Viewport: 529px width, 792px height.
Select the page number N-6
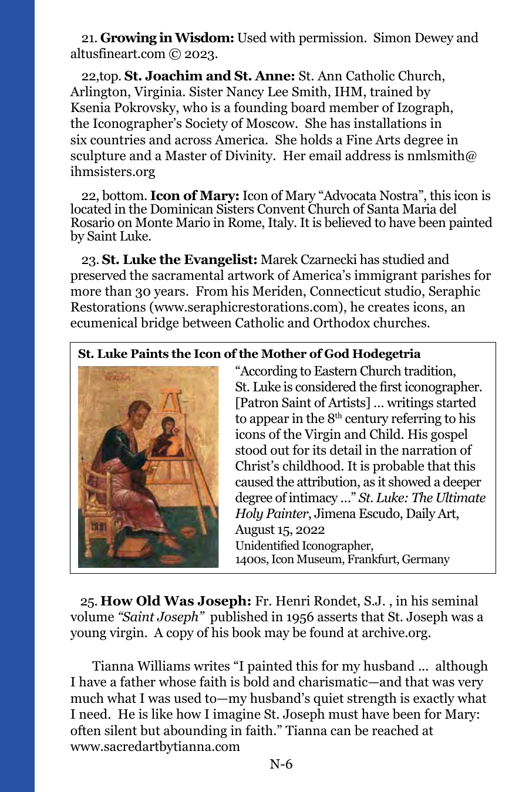point(281,764)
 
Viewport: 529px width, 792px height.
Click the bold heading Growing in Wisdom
point(167,38)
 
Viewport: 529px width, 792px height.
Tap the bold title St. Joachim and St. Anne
point(210,76)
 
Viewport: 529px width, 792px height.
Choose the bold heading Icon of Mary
point(195,196)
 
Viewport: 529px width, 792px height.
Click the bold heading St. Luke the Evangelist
point(180,260)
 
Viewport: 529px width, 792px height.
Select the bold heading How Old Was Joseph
point(176,601)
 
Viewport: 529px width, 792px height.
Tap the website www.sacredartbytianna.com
point(155,747)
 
